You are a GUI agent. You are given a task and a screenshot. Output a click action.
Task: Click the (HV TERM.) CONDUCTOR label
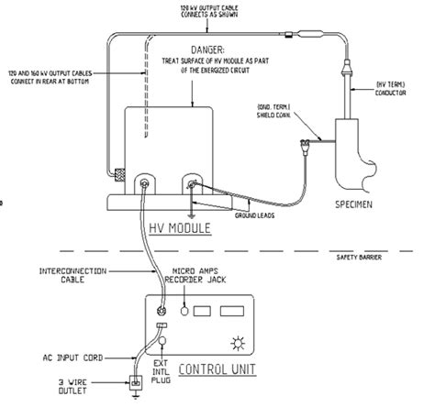(398, 89)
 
